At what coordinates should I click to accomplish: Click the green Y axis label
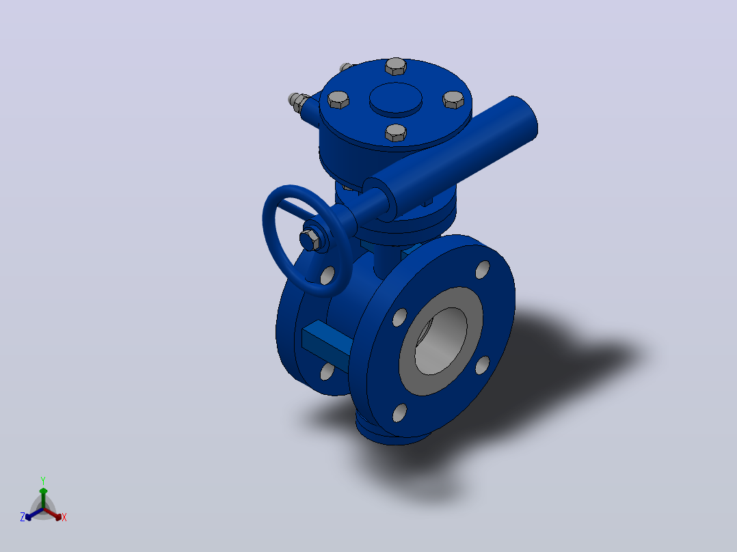43,480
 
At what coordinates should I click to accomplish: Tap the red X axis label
64,517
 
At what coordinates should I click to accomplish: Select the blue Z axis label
23,516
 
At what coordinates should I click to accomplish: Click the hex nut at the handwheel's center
310,240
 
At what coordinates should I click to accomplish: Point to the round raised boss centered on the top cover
395,98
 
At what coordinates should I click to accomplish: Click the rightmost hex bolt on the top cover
453,100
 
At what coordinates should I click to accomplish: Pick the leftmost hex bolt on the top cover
338,100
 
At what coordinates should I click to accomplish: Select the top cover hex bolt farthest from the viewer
396,67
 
